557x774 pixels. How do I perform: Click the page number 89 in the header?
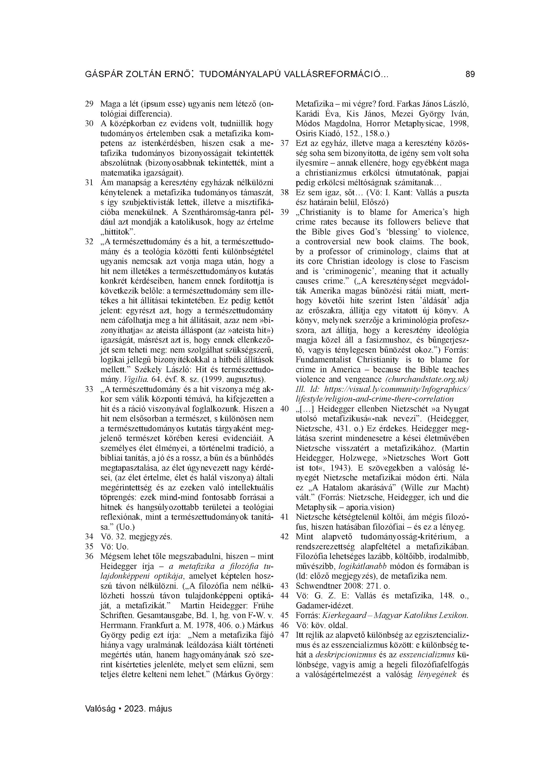click(x=470, y=74)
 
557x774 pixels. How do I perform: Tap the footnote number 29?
click(x=89, y=104)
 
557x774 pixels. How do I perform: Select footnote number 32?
click(x=89, y=242)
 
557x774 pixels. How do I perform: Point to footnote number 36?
click(x=89, y=556)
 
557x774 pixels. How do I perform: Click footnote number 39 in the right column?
click(x=284, y=212)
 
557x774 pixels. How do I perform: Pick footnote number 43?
click(x=284, y=586)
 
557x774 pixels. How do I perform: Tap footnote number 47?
click(x=284, y=635)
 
